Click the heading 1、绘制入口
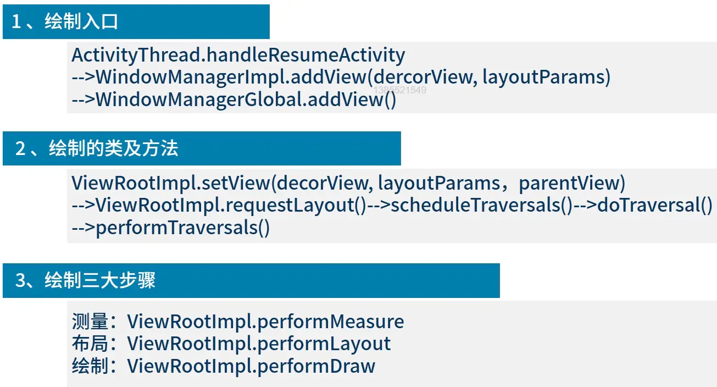pyautogui.click(x=65, y=22)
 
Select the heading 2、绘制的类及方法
pyautogui.click(x=97, y=148)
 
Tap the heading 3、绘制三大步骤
pyautogui.click(x=85, y=280)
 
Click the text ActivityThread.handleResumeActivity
pyautogui.click(x=238, y=55)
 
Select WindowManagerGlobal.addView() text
pyautogui.click(x=246, y=100)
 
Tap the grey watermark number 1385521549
pyautogui.click(x=399, y=90)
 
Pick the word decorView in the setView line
pyautogui.click(x=323, y=183)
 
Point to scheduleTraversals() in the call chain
pyautogui.click(x=481, y=205)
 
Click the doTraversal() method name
pyautogui.click(x=654, y=205)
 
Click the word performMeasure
pyautogui.click(x=330, y=322)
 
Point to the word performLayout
pyautogui.click(x=324, y=344)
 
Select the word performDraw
pyautogui.click(x=316, y=366)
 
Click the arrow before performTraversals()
pyautogui.click(x=83, y=228)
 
